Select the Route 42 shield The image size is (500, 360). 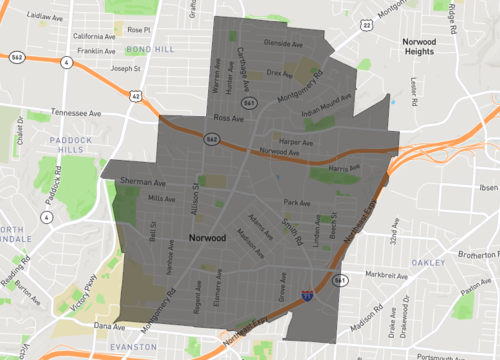(135, 96)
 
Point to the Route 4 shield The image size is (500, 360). (67, 62)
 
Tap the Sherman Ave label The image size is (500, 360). (142, 183)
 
